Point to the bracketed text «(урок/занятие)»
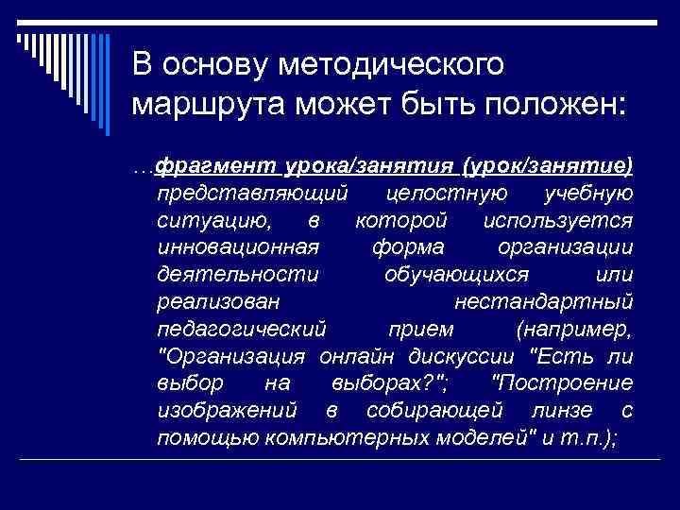pyautogui.click(x=547, y=166)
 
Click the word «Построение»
pyautogui.click(x=563, y=384)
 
